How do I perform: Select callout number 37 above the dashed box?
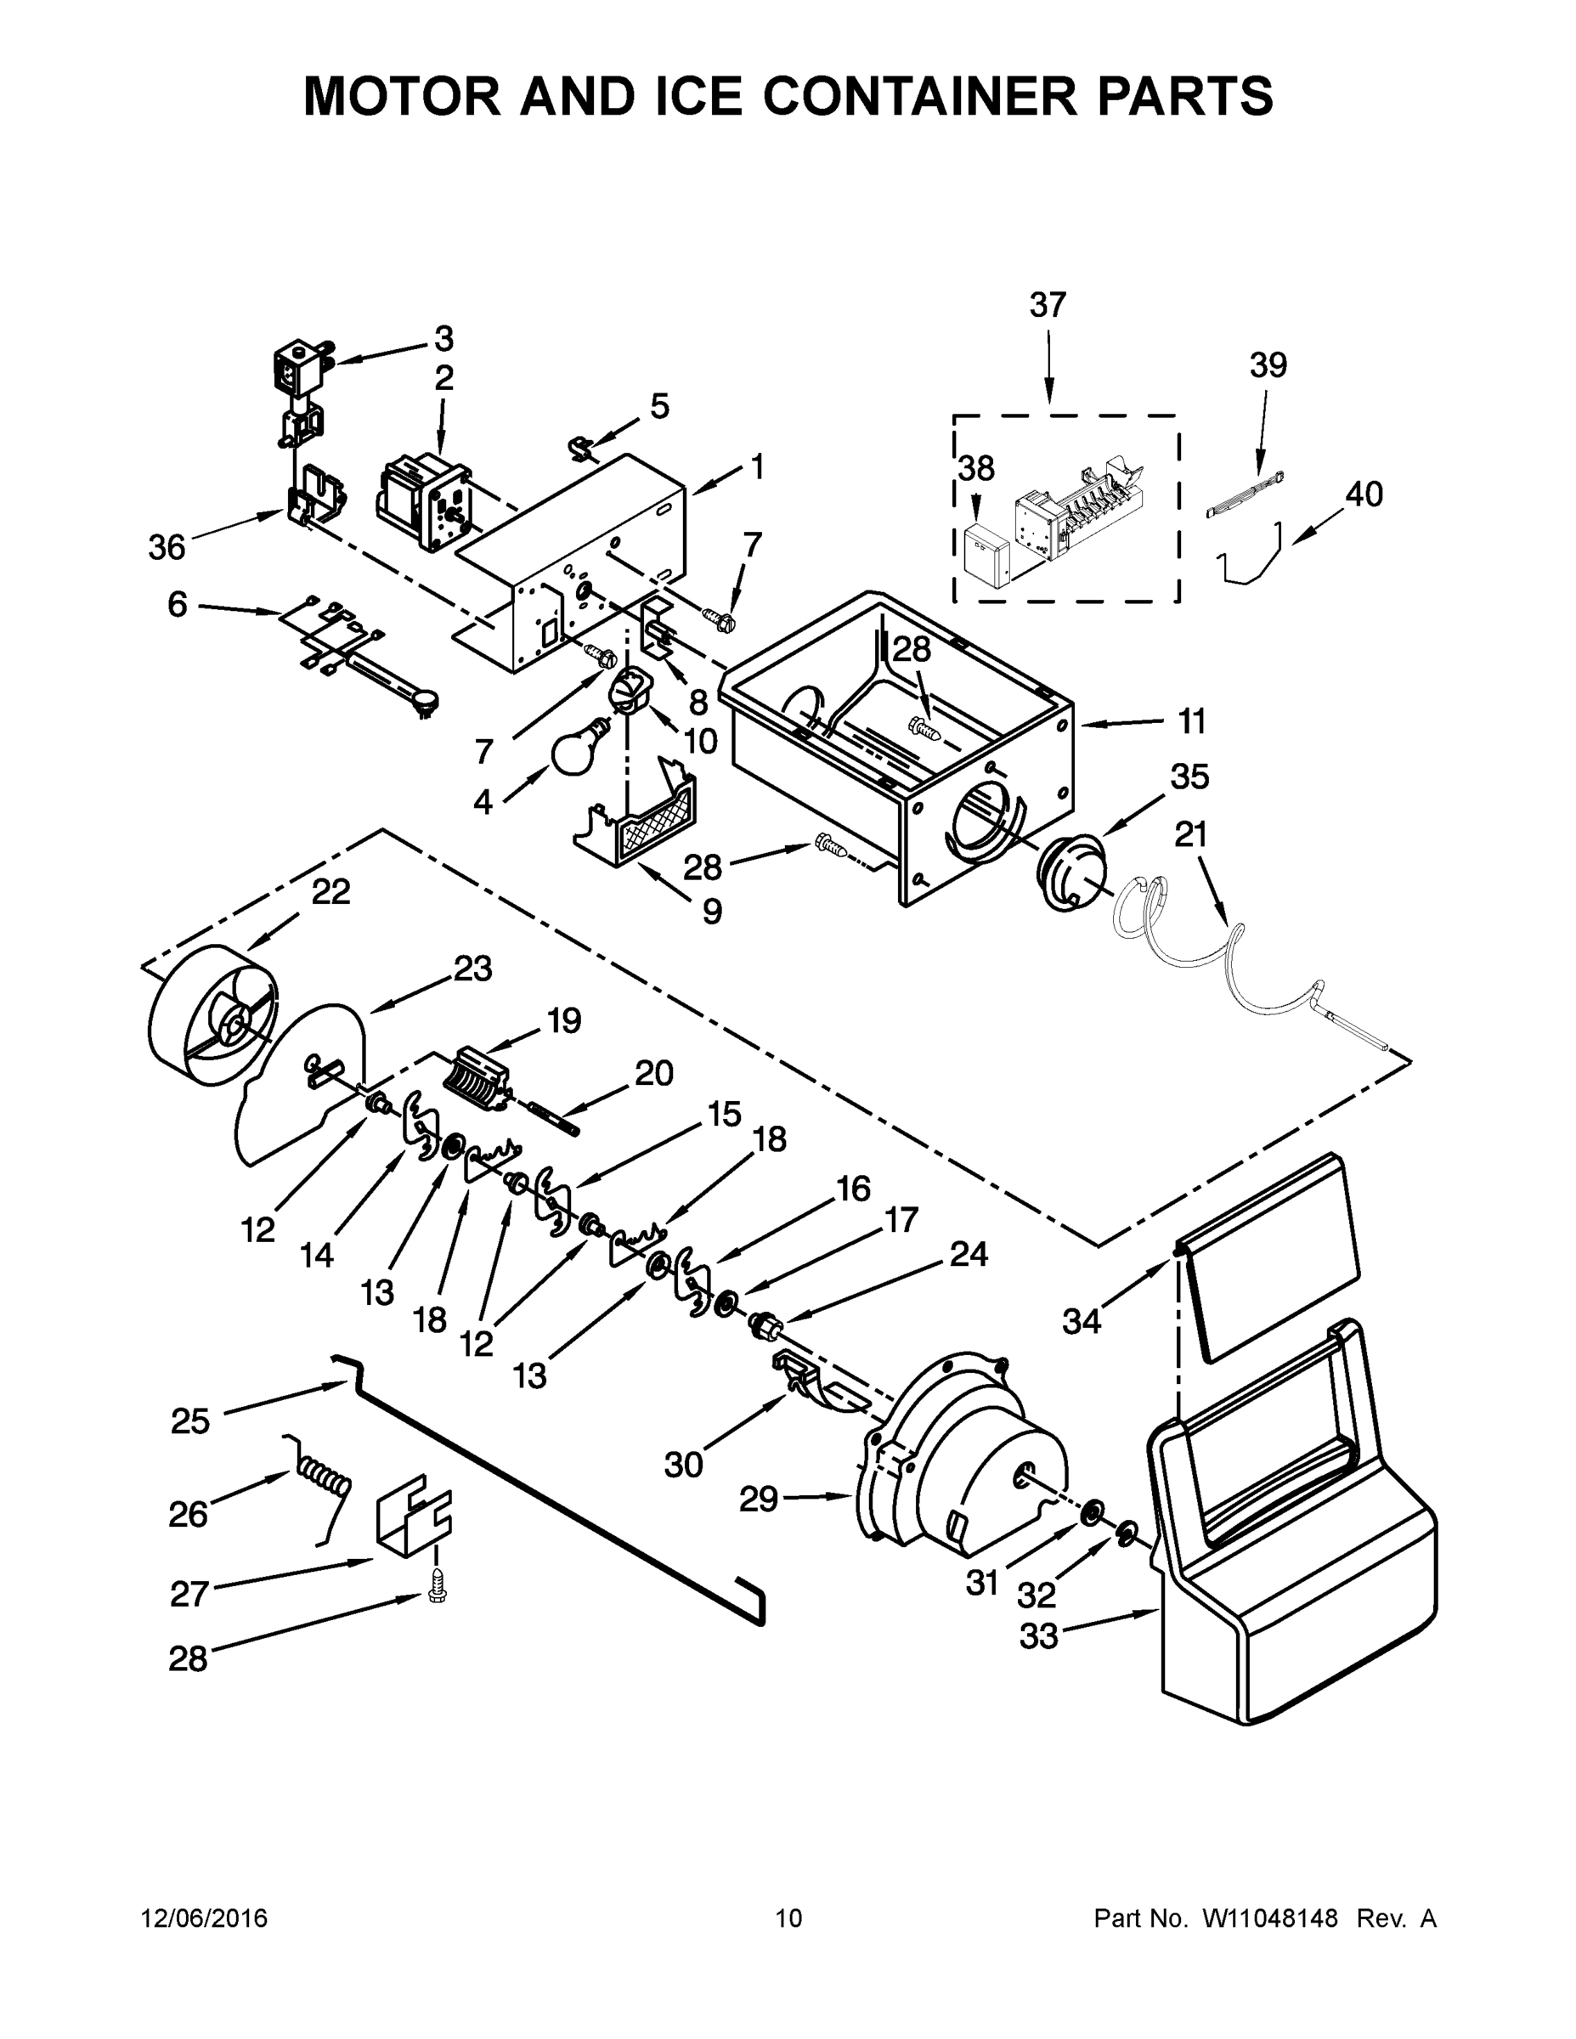coord(1048,304)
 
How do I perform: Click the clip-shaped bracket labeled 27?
coord(413,1517)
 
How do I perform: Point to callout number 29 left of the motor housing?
coord(758,1500)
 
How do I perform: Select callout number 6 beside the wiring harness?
coord(178,605)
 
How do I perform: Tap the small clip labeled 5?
coord(584,446)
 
